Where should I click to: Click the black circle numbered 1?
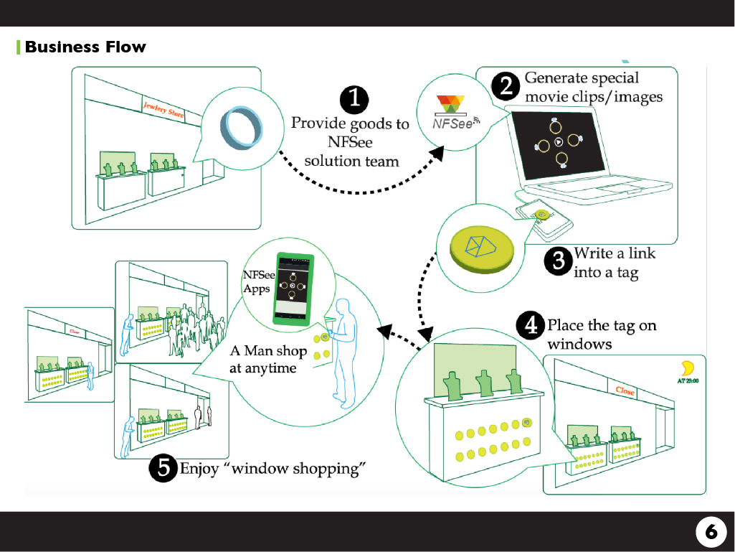[354, 100]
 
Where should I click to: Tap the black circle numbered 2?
[506, 87]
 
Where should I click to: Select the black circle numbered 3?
[558, 261]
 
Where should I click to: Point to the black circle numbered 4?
[531, 327]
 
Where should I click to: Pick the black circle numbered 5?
[163, 468]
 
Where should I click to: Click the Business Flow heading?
[85, 47]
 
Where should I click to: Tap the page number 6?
[711, 532]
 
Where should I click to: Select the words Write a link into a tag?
[615, 263]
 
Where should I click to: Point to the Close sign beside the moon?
[625, 391]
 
